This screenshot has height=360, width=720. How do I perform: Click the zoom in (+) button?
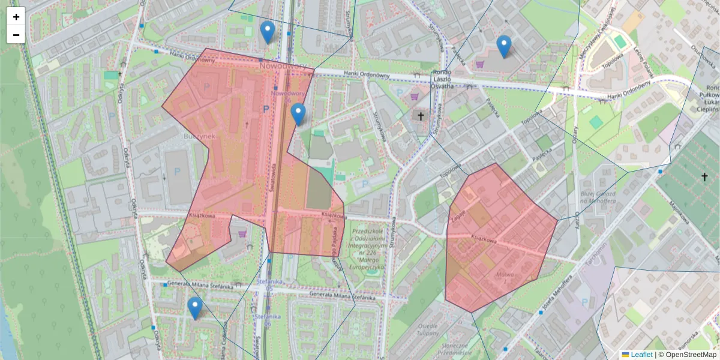tap(16, 17)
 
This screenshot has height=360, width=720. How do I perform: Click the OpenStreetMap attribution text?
tap(691, 355)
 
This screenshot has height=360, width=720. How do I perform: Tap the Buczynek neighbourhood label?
tap(197, 137)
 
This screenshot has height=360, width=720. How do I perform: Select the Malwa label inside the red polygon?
tap(505, 276)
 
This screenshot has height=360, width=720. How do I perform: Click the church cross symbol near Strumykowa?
tap(421, 116)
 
